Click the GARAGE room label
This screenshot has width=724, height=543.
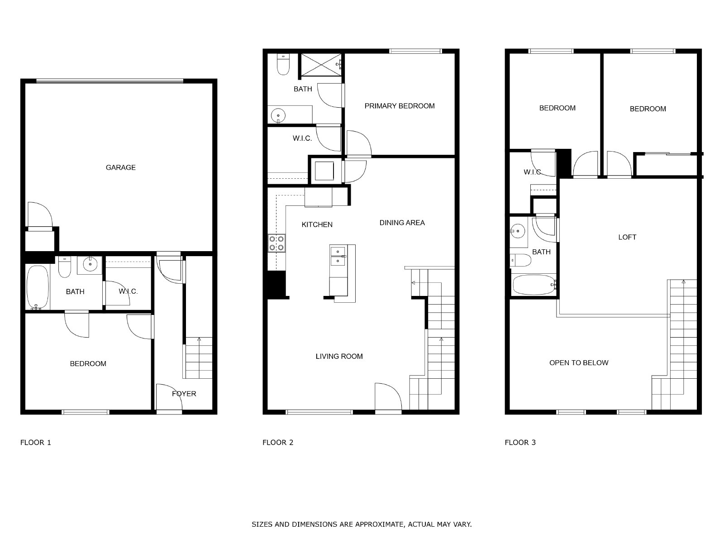click(120, 167)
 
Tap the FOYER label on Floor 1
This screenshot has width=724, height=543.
click(184, 394)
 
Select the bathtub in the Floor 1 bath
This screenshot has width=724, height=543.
click(38, 287)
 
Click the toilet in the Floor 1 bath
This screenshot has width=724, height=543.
click(65, 267)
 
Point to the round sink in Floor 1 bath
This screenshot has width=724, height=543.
click(90, 264)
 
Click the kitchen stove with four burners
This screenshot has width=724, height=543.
click(276, 243)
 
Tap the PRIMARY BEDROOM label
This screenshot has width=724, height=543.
click(400, 106)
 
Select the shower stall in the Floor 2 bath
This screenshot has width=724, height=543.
click(321, 65)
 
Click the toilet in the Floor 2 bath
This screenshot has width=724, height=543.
click(283, 64)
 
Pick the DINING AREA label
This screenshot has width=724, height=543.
click(402, 223)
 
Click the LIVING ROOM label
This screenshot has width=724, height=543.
click(339, 357)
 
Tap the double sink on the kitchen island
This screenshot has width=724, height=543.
click(338, 256)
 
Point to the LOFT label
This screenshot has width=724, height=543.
click(627, 237)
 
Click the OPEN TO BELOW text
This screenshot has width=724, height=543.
click(579, 362)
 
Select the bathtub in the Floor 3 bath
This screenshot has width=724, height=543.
click(534, 285)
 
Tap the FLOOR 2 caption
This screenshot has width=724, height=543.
click(278, 443)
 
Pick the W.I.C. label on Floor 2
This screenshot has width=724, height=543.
click(302, 138)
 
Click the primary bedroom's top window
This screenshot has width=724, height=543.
click(415, 51)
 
